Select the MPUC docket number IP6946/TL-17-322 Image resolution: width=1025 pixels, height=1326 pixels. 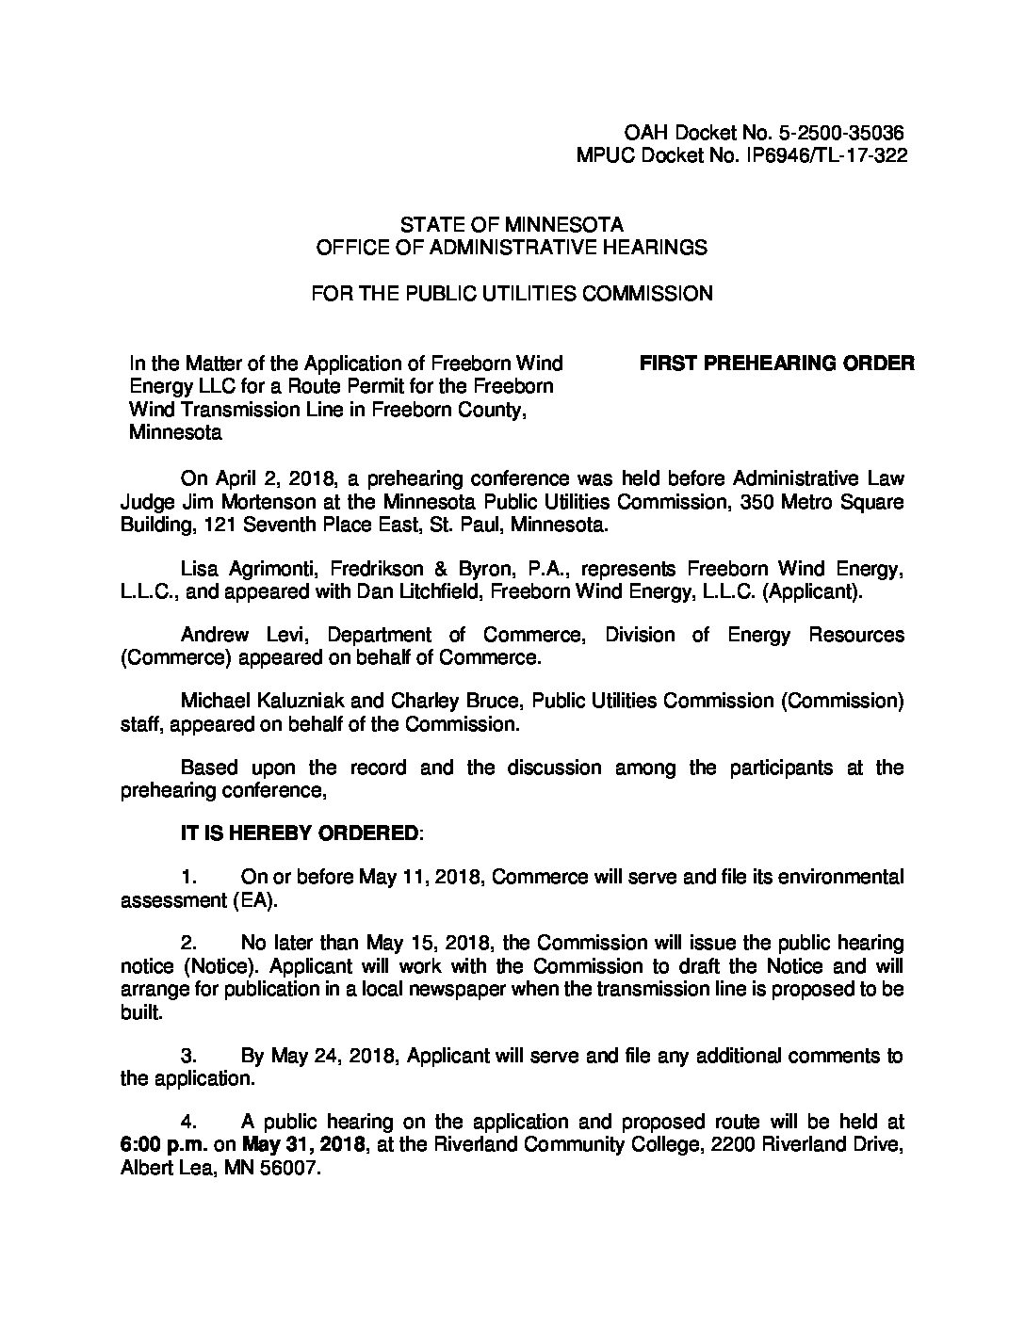pos(829,157)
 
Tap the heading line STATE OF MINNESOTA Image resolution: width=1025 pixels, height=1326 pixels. pos(512,225)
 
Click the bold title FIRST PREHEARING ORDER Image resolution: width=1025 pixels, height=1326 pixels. pos(776,364)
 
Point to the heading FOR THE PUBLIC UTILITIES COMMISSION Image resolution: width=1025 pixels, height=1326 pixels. pos(512,294)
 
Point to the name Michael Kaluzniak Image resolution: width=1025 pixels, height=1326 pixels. pos(267,701)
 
